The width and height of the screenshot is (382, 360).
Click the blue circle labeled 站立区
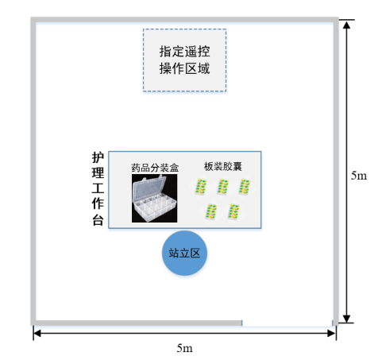[x=184, y=253]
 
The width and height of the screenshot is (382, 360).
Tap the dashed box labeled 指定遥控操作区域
[x=184, y=60]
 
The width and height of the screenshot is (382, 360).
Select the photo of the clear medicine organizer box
[x=154, y=198]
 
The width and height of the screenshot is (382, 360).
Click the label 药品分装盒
[x=155, y=168]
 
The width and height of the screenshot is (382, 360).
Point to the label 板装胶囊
[x=223, y=167]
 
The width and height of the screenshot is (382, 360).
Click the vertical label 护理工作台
[x=98, y=188]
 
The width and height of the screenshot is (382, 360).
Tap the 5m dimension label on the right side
[x=359, y=176]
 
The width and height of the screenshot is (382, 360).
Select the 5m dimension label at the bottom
[x=184, y=348]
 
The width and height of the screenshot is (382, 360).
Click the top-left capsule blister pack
[x=201, y=187]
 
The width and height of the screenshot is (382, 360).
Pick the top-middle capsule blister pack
[x=223, y=187]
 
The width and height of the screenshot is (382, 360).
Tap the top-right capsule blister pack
[x=245, y=187]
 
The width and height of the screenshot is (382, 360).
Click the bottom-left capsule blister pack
[x=211, y=211]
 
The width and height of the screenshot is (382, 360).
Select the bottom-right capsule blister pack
[x=234, y=211]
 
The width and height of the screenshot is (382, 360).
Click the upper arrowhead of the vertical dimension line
[x=346, y=25]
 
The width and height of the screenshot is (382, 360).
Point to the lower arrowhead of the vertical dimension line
[x=346, y=319]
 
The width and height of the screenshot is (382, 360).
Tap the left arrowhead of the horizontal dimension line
[x=37, y=333]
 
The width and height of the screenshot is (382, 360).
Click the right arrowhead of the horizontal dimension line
[x=332, y=333]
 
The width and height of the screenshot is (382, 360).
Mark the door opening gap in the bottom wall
[x=287, y=323]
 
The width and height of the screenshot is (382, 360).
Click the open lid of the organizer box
[x=149, y=189]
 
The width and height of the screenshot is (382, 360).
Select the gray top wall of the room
[x=184, y=20]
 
